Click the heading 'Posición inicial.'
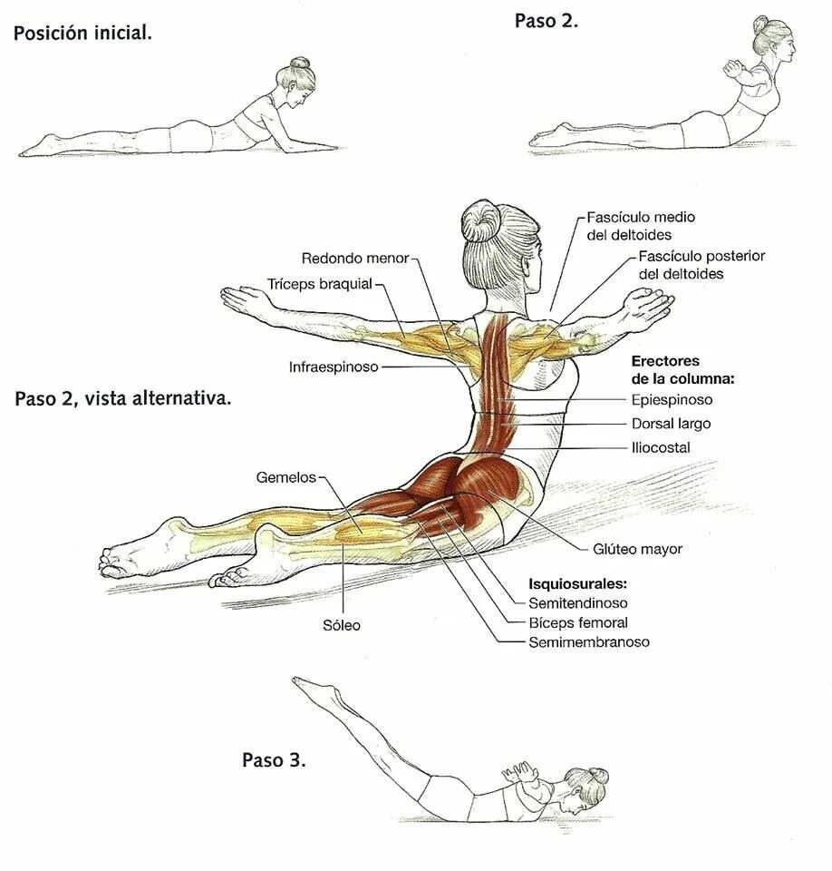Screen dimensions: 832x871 click(82, 34)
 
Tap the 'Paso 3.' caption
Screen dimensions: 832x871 click(274, 759)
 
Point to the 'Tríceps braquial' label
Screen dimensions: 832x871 click(320, 284)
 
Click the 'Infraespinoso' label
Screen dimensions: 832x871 click(334, 367)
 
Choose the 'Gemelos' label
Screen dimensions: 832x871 click(285, 476)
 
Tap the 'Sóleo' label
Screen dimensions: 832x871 click(342, 625)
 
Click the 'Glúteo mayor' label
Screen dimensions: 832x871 click(637, 549)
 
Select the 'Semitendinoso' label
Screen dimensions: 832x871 click(577, 602)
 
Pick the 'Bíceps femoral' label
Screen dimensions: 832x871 click(577, 622)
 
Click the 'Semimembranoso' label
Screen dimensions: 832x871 click(589, 642)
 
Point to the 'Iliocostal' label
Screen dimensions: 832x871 click(661, 447)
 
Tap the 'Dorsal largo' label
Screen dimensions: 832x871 click(671, 424)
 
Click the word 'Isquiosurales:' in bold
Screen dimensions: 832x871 click(577, 582)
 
